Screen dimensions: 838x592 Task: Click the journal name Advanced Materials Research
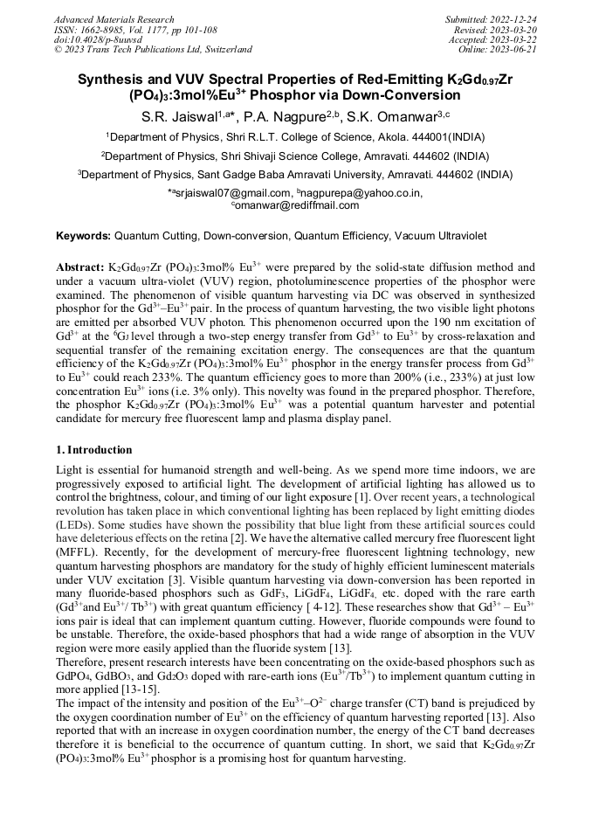[x=114, y=19]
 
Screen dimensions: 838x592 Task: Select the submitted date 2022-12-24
[x=514, y=19]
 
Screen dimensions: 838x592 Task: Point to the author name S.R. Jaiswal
[x=181, y=115]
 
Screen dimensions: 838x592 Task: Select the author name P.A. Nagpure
[x=285, y=115]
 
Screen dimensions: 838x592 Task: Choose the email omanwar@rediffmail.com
[x=297, y=205]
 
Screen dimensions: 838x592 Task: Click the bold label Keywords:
[x=83, y=236]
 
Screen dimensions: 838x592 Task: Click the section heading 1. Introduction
[x=93, y=450]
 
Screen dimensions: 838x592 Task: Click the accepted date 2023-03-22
[x=514, y=39]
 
